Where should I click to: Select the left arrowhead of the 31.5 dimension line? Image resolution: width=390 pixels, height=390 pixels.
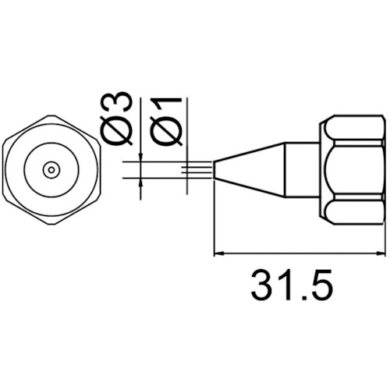[x=218, y=253]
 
